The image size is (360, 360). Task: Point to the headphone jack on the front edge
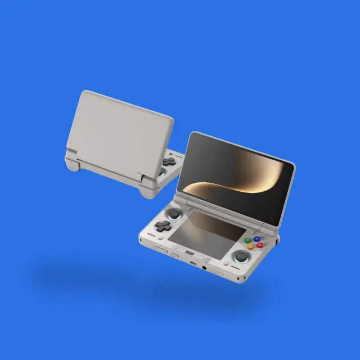(204, 268)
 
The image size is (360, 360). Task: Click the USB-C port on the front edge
(192, 263)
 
